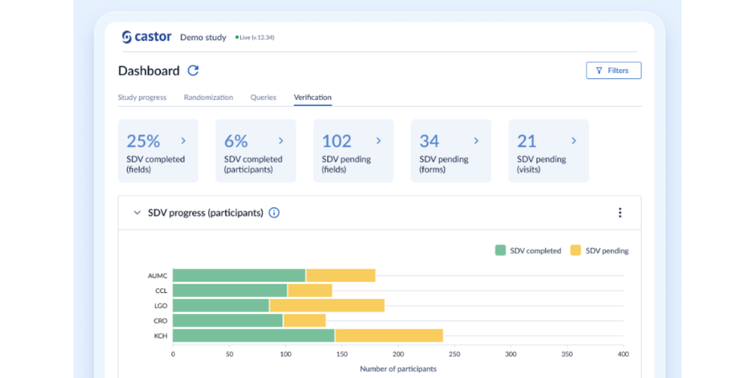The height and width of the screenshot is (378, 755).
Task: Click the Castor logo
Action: click(x=146, y=37)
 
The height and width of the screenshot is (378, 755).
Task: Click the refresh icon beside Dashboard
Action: click(x=193, y=71)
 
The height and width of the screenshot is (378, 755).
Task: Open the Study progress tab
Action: click(x=142, y=98)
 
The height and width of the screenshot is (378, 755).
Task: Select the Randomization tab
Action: click(x=208, y=98)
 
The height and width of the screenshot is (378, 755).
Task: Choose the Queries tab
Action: click(x=263, y=98)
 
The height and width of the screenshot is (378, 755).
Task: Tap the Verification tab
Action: click(x=313, y=98)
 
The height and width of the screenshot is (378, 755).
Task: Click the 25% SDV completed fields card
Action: click(x=158, y=151)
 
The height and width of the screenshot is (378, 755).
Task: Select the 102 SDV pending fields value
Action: click(x=337, y=141)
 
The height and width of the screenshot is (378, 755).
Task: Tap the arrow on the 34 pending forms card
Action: click(x=476, y=141)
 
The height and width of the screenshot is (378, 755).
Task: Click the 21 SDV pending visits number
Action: click(x=527, y=141)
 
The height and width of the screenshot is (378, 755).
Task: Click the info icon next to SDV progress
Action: click(x=274, y=213)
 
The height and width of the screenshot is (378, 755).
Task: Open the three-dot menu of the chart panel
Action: click(x=620, y=213)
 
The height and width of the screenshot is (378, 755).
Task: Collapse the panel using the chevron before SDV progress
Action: click(x=137, y=213)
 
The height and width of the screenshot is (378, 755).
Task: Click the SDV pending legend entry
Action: click(x=600, y=251)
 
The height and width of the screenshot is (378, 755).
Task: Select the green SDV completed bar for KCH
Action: click(x=254, y=336)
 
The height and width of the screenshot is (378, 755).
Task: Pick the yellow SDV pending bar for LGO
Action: click(x=327, y=306)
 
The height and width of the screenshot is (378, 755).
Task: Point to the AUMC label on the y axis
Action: click(x=157, y=276)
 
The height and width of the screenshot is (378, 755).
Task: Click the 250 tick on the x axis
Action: click(x=454, y=355)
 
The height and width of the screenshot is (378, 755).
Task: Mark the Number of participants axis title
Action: click(x=398, y=369)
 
